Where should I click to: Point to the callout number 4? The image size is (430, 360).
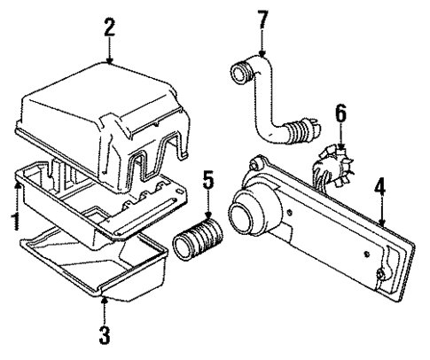379,187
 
